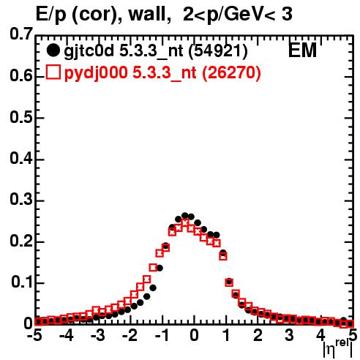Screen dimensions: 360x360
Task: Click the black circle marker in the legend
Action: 53,50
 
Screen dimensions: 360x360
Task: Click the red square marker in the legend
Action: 53,72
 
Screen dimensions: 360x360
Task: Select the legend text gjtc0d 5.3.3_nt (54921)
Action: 156,51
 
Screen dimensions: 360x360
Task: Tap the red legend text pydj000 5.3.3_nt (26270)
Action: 162,73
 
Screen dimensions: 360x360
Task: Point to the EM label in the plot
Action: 302,50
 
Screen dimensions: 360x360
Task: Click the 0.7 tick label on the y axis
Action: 20,34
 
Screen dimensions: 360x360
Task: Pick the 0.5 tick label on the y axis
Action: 20,118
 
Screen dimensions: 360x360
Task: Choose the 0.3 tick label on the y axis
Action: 20,200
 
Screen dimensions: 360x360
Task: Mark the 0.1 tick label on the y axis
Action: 21,282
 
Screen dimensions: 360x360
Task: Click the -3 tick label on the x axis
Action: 98,335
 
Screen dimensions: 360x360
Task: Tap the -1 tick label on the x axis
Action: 162,335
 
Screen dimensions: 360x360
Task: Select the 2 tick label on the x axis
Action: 258,335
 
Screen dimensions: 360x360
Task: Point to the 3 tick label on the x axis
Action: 290,335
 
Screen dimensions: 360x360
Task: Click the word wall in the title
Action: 150,14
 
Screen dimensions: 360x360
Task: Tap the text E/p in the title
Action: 51,15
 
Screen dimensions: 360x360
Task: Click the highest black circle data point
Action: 184,216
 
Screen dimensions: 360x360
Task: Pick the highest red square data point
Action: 184,222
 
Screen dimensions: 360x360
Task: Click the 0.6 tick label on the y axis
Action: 20,76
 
